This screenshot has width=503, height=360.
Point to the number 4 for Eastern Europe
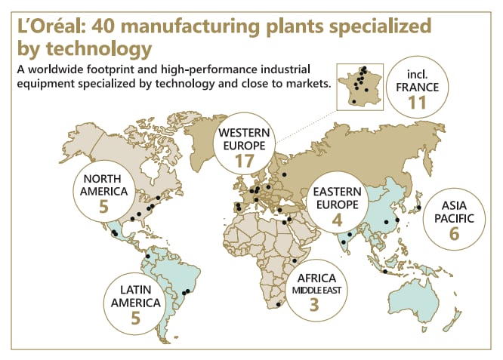tap(338, 220)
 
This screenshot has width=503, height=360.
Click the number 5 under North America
tap(103, 206)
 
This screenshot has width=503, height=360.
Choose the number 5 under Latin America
tap(136, 318)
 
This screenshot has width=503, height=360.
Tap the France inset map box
tap(361, 89)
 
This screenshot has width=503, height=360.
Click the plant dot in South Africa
tap(279, 304)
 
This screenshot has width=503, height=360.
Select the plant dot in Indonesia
tap(384, 272)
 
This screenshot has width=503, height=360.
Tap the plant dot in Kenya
tap(294, 261)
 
